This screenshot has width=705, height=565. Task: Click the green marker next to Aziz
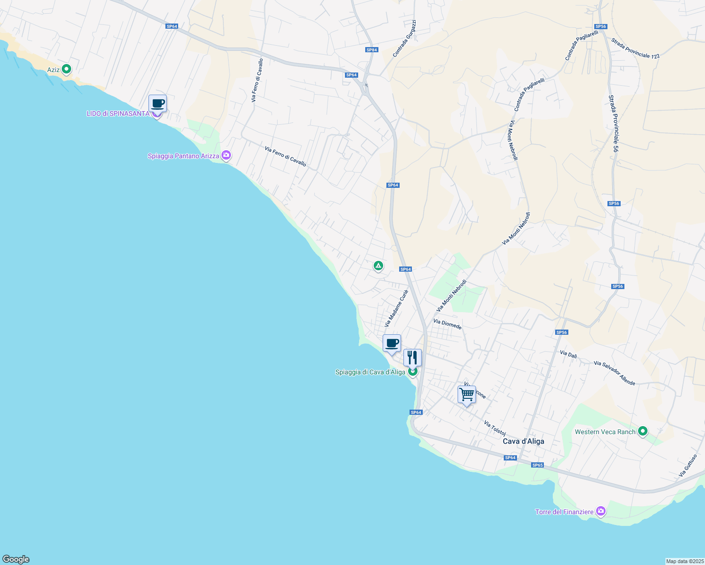[x=66, y=69]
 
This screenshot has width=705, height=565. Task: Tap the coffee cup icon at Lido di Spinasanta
[x=157, y=104]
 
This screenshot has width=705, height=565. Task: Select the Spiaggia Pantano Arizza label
[x=183, y=156]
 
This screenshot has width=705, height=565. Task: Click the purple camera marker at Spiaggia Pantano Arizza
[x=227, y=155]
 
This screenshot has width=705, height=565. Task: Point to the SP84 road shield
[x=372, y=49]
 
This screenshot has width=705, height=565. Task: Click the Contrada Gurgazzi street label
[x=404, y=39]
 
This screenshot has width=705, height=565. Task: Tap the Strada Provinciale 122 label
[x=635, y=48]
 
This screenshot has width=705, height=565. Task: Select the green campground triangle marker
[x=378, y=266]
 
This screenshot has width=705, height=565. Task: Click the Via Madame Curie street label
[x=396, y=308]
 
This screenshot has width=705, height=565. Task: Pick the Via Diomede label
[x=447, y=324]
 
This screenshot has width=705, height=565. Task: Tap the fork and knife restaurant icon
[x=412, y=358]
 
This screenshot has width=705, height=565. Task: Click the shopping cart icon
[x=467, y=394]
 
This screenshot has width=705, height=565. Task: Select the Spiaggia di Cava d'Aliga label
[x=370, y=372]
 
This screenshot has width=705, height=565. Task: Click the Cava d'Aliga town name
[x=523, y=441]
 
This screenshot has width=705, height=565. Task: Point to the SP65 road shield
[x=537, y=465]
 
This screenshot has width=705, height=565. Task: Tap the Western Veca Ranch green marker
[x=642, y=431]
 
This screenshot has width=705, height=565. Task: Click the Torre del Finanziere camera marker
[x=600, y=511]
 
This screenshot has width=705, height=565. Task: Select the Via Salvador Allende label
[x=615, y=373]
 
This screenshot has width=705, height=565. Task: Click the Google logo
[x=16, y=559]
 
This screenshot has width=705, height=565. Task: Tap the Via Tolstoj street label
[x=495, y=428]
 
